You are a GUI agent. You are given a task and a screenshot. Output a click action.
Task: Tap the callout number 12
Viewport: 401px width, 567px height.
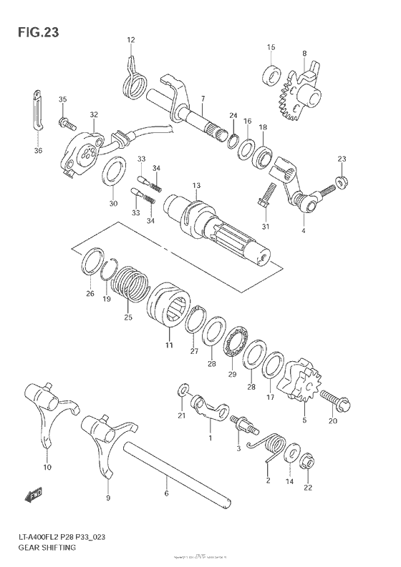point(131,39)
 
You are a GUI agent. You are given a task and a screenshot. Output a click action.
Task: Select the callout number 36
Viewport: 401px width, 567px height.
point(38,150)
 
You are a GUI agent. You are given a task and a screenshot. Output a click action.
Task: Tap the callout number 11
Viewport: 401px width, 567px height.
point(170,345)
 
